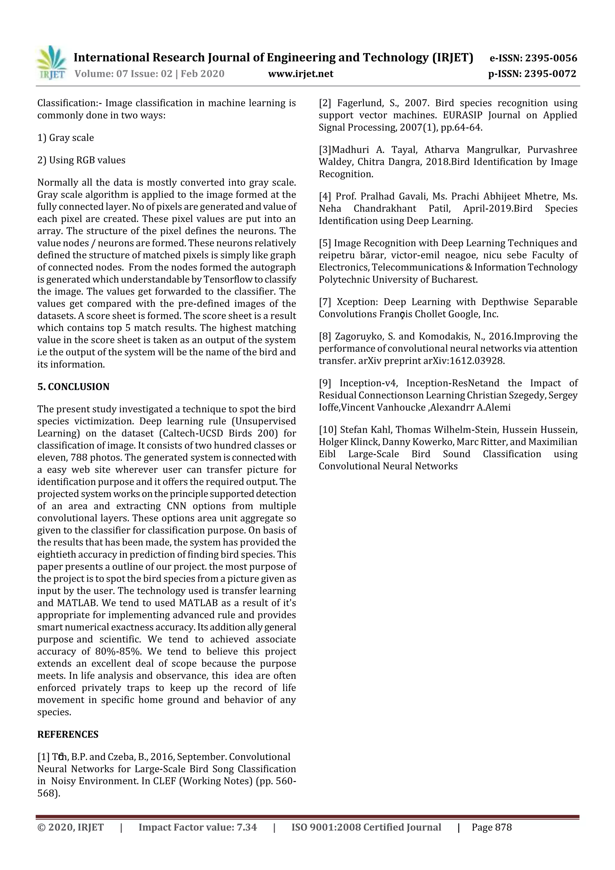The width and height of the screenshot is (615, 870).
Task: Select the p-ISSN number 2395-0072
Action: (x=550, y=74)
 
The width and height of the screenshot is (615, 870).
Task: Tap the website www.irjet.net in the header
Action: (x=301, y=74)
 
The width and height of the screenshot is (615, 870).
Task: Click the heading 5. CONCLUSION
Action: (x=73, y=386)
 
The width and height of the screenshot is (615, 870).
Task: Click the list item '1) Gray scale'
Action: (x=65, y=138)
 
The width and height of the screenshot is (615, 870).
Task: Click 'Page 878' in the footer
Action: (x=492, y=827)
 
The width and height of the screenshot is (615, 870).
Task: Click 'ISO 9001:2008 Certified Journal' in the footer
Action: (x=366, y=827)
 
